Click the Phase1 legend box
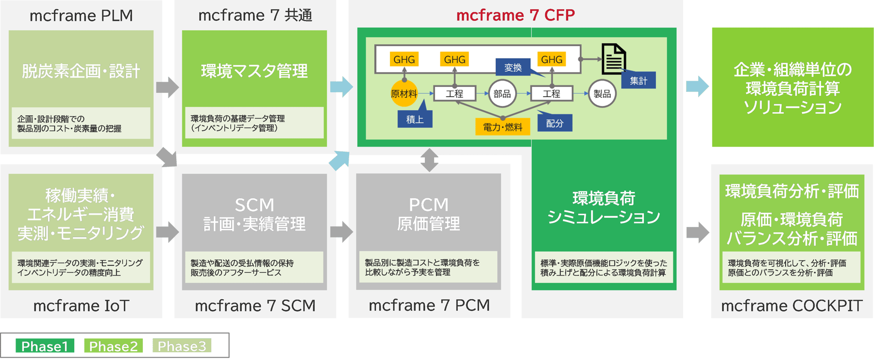[45, 346]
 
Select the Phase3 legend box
[182, 346]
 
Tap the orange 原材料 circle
[404, 94]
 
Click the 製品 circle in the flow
[602, 94]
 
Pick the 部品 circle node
[502, 94]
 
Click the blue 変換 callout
[513, 68]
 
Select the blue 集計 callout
[639, 81]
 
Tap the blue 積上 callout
[415, 119]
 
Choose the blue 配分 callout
[555, 123]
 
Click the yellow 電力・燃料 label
[503, 127]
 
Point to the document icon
[613, 59]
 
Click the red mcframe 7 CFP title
[515, 15]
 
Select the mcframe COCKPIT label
[791, 306]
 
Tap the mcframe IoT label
[81, 306]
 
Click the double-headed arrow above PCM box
[429, 160]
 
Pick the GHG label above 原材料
[404, 59]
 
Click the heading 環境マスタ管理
[254, 71]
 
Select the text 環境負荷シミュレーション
[604, 207]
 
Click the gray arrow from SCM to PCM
[341, 232]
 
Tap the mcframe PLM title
[81, 16]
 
